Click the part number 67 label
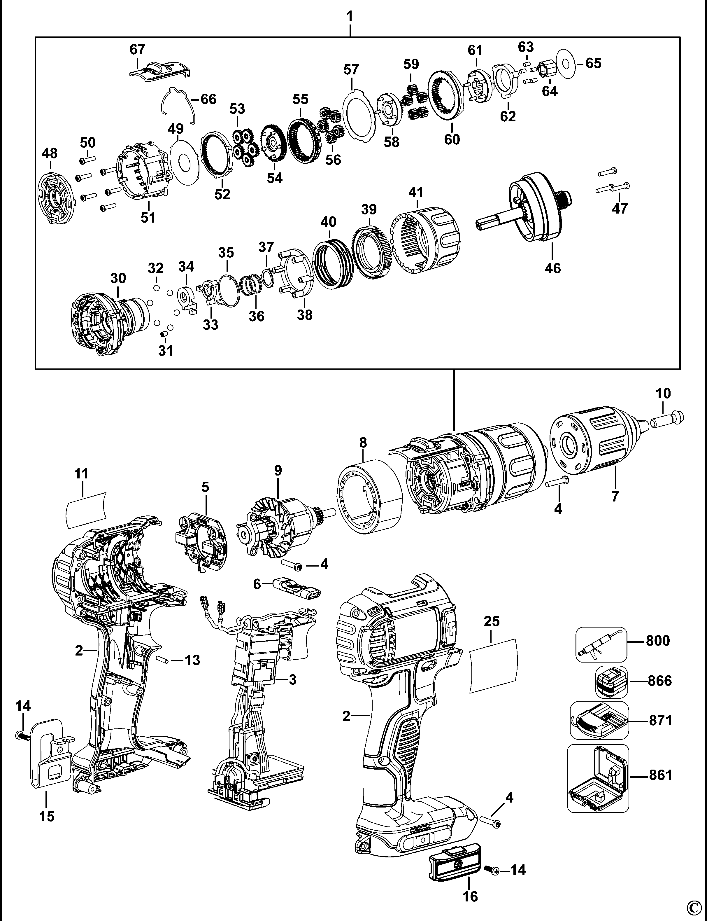[x=137, y=49]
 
